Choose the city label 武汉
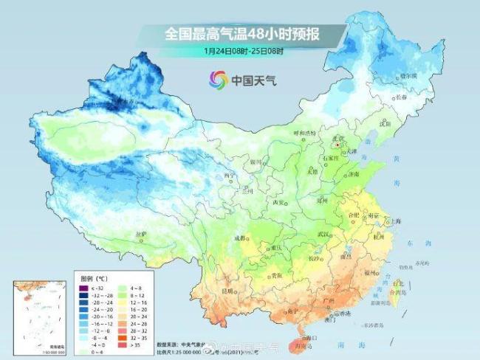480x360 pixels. [x=323, y=234]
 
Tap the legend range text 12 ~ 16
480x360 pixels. [x=140, y=302]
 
